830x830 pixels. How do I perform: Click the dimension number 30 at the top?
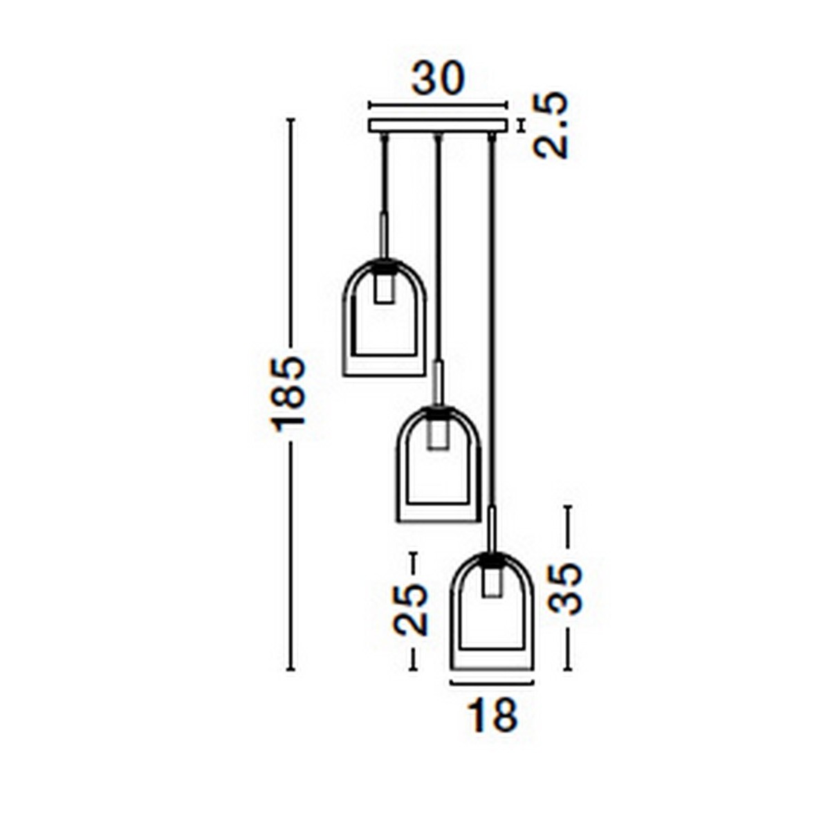438,79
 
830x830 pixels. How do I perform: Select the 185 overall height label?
289,394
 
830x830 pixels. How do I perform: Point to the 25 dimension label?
411,609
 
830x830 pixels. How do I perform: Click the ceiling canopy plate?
439,127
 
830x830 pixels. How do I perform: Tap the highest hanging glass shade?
385,325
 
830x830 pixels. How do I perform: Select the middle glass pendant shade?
438,470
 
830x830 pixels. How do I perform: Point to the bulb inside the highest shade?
385,286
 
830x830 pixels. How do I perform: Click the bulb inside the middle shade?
437,434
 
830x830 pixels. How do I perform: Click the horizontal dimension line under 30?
439,106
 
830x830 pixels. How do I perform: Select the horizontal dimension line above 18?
491,683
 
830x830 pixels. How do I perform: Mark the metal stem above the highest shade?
385,235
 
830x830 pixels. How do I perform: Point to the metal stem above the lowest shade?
491,529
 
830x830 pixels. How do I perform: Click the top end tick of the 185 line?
290,120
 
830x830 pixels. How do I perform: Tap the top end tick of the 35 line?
567,507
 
